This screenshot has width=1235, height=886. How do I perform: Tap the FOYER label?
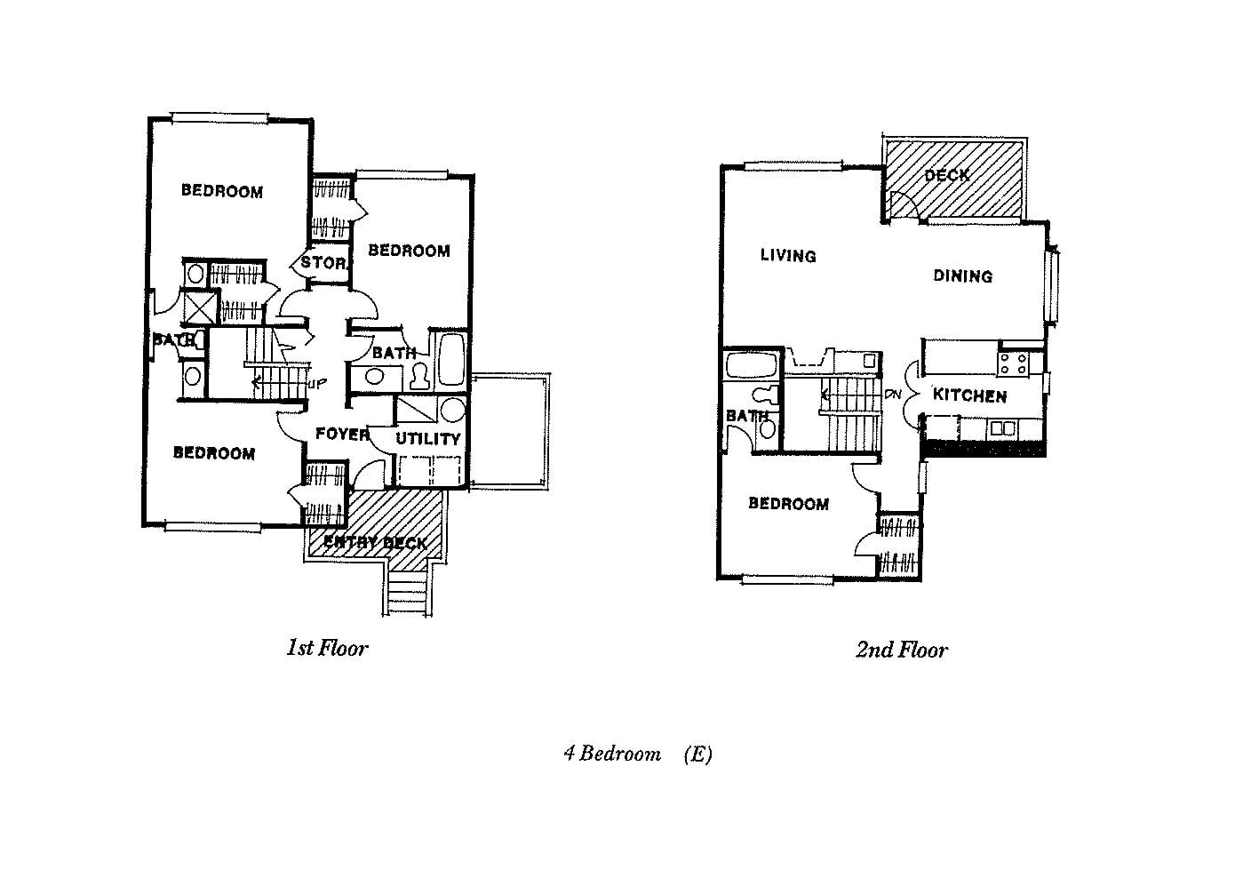click(342, 434)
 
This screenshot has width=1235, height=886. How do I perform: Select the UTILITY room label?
click(428, 438)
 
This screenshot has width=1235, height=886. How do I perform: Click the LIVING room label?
click(788, 256)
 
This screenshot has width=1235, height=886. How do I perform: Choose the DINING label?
click(962, 276)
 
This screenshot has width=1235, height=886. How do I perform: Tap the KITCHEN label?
click(969, 395)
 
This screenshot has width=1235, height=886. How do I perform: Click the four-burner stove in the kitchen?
click(1015, 363)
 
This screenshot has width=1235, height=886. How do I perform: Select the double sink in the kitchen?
click(1003, 428)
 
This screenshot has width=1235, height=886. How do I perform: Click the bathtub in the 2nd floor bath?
click(752, 365)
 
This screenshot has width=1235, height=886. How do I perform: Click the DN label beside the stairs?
click(893, 395)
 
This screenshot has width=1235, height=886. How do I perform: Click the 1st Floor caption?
click(326, 648)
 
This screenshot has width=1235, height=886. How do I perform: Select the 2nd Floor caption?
click(901, 650)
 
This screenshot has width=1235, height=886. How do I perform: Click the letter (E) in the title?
click(697, 754)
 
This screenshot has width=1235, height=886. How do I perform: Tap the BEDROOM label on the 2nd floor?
click(788, 504)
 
